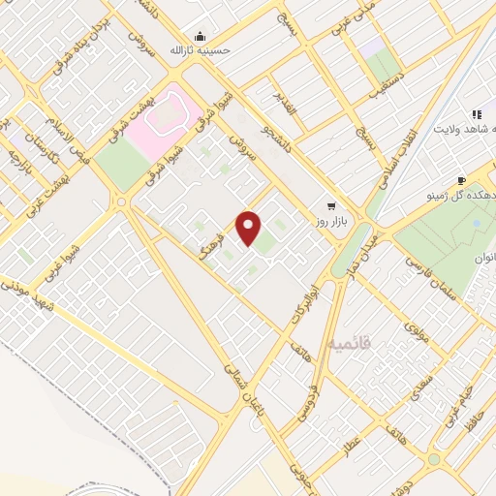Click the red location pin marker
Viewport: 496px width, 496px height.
pos(249,228)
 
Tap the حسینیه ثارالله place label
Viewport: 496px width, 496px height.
pos(203,48)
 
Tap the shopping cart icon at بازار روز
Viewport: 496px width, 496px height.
pos(331,206)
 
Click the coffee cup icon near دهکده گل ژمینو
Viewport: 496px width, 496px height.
pos(461,181)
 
